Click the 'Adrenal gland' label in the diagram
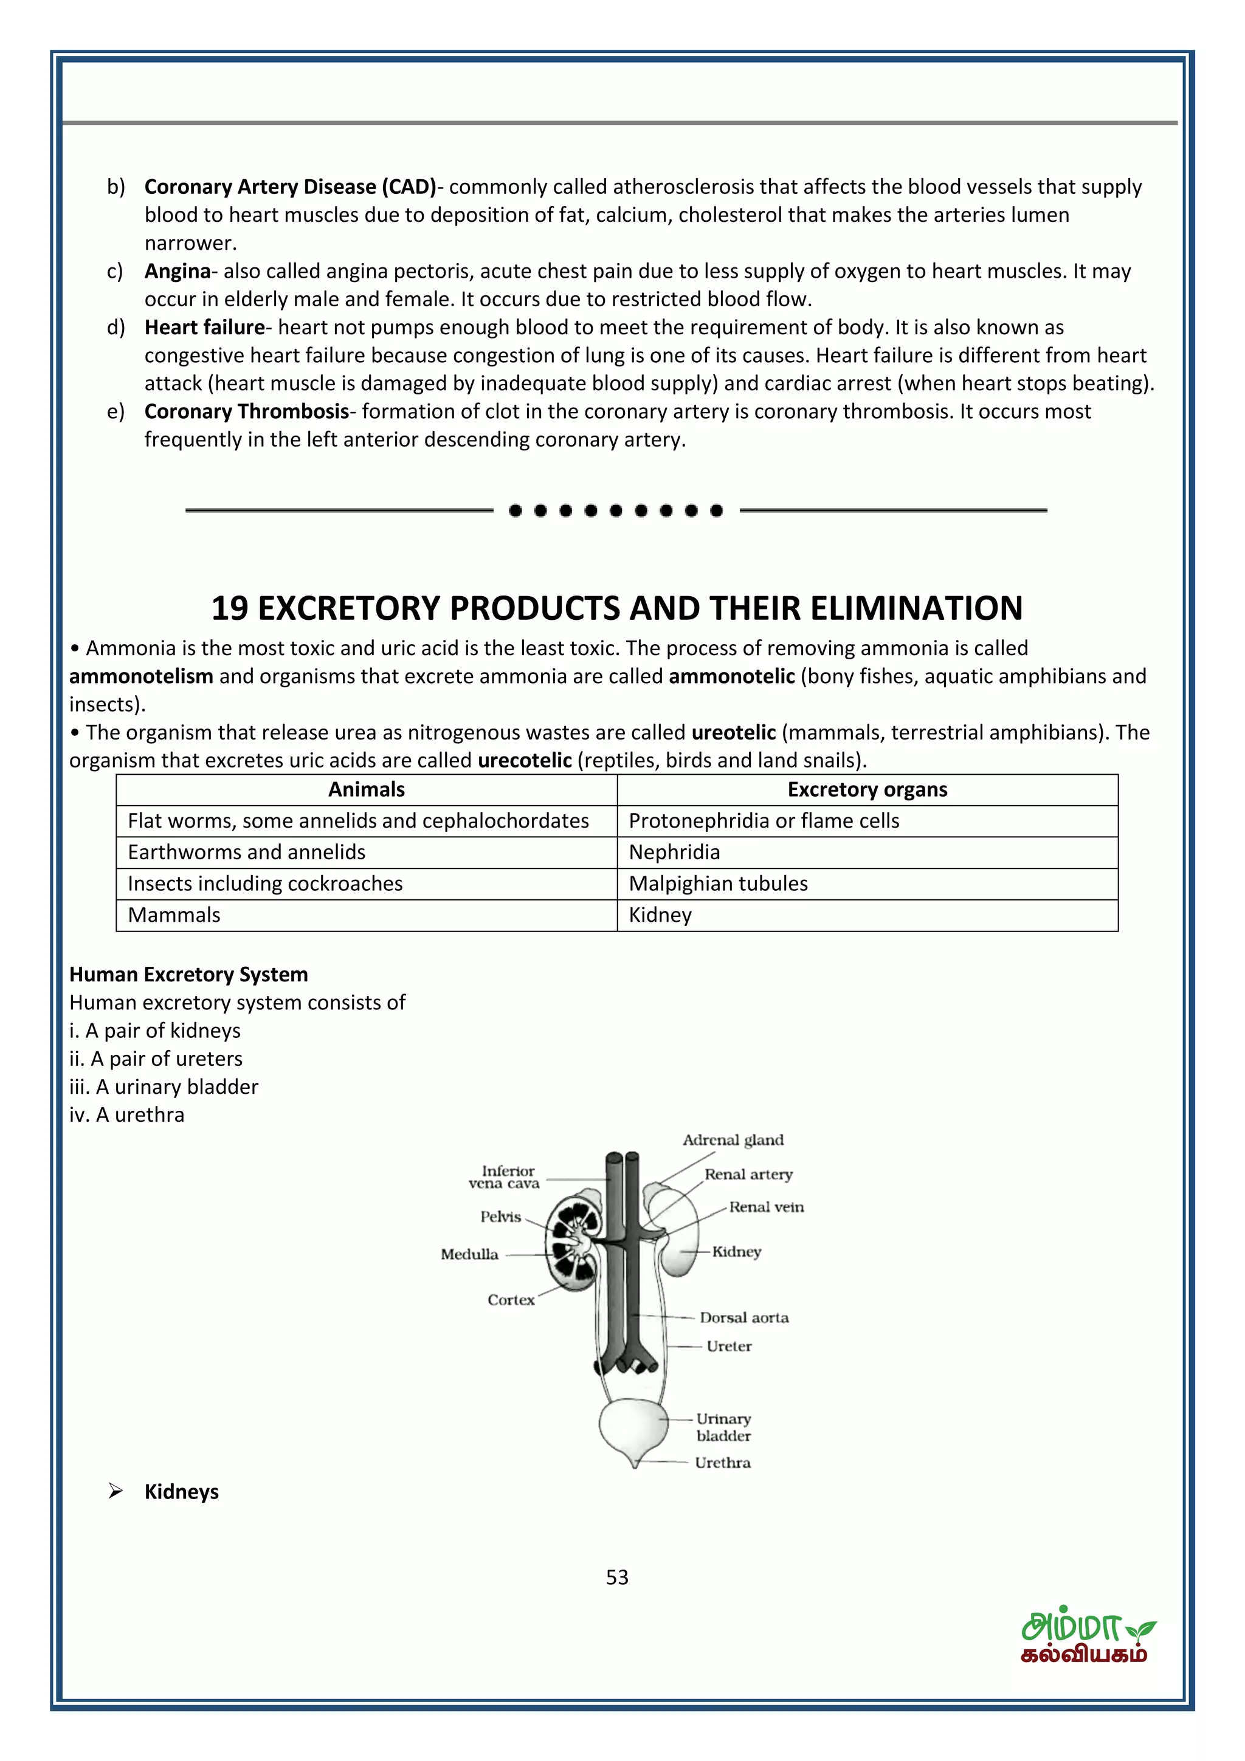click(x=733, y=1140)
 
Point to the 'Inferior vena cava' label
click(x=504, y=1176)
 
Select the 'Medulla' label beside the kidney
click(x=469, y=1254)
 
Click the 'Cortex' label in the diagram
click(x=510, y=1299)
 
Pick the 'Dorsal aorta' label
click(x=743, y=1317)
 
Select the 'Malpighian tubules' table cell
click(x=718, y=884)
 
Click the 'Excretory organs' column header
click(x=867, y=789)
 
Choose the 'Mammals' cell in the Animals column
click(x=174, y=915)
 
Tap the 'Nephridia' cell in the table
click(x=674, y=852)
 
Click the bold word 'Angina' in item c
click(x=177, y=272)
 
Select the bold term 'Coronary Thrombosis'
click(x=246, y=412)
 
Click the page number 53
click(x=617, y=1577)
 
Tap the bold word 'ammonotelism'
click(x=141, y=676)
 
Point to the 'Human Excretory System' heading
click(x=188, y=974)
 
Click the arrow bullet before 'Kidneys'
click(x=116, y=1491)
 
